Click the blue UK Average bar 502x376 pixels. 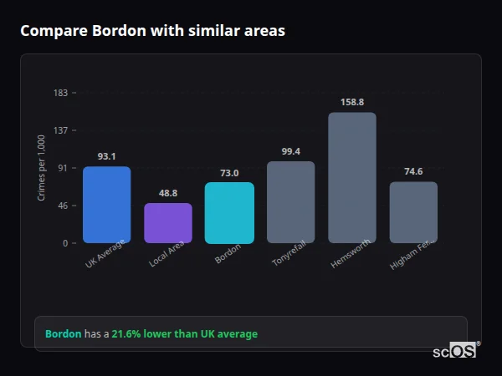(106, 205)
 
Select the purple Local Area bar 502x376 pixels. (168, 223)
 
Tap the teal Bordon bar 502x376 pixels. (229, 213)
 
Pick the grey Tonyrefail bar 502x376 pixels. (290, 202)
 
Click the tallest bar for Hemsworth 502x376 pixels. (351, 177)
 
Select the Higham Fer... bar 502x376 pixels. (413, 212)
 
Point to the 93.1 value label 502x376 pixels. (106, 156)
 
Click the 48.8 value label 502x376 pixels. (168, 193)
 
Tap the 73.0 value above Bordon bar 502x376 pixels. (229, 173)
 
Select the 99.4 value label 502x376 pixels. (290, 151)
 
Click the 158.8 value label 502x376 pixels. (351, 102)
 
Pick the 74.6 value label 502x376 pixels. (413, 171)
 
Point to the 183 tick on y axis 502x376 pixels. (60, 93)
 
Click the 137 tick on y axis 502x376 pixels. (60, 130)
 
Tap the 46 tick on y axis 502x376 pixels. (63, 206)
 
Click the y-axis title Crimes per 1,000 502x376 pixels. (42, 168)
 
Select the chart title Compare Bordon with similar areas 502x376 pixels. (152, 31)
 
